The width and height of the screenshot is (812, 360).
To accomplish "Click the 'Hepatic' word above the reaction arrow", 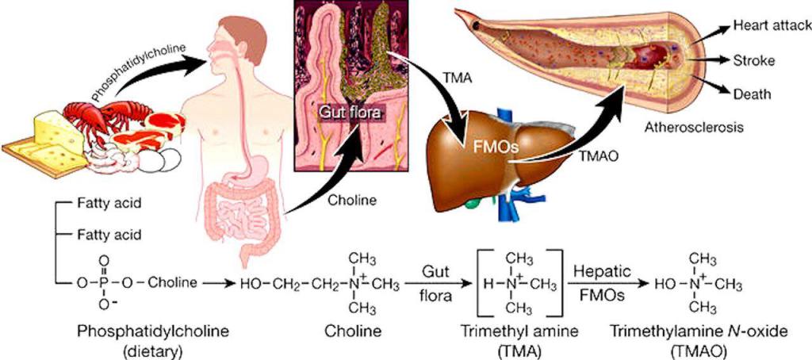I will pyautogui.click(x=602, y=269).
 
